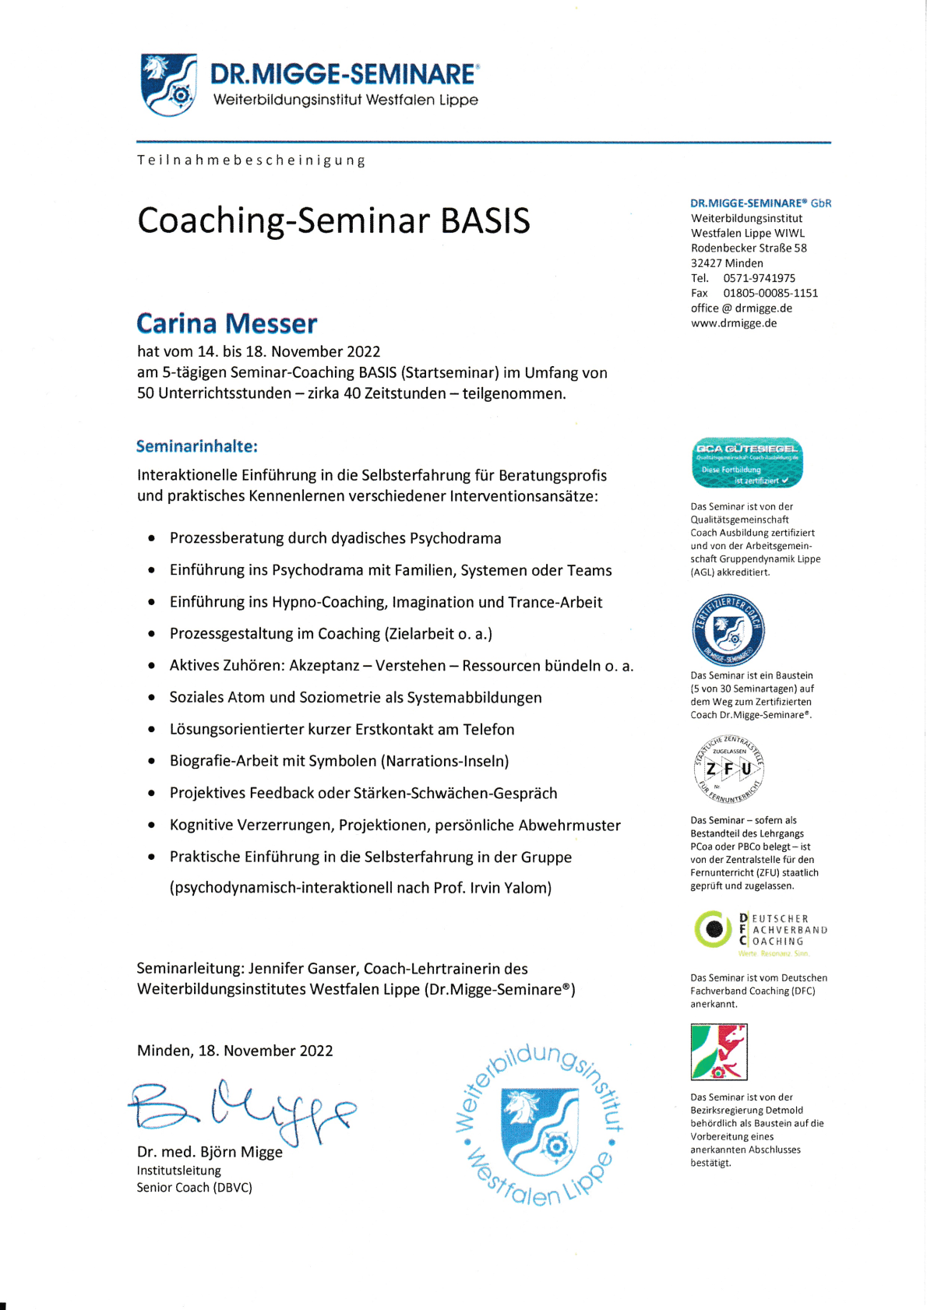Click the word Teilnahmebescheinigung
pyautogui.click(x=252, y=160)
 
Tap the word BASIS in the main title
pyautogui.click(x=485, y=220)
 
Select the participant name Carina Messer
pyautogui.click(x=227, y=323)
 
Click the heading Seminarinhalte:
pyautogui.click(x=196, y=446)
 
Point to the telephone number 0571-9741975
pyautogui.click(x=759, y=278)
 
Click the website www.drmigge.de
pyautogui.click(x=733, y=323)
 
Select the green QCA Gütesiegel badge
pyautogui.click(x=747, y=463)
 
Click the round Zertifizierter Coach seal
pyautogui.click(x=728, y=630)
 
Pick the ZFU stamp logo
pyautogui.click(x=729, y=769)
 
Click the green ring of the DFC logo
pyautogui.click(x=713, y=929)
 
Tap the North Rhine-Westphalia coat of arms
pyautogui.click(x=719, y=1051)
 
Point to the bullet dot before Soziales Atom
pyautogui.click(x=151, y=698)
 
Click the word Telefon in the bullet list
pyautogui.click(x=488, y=730)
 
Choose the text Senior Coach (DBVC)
pyautogui.click(x=195, y=1188)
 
